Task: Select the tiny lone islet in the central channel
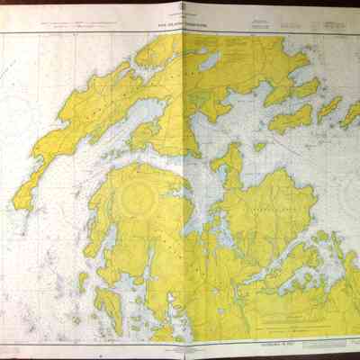pos(260,146)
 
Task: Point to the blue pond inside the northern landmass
pos(209,62)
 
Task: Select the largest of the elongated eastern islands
pos(292,117)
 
